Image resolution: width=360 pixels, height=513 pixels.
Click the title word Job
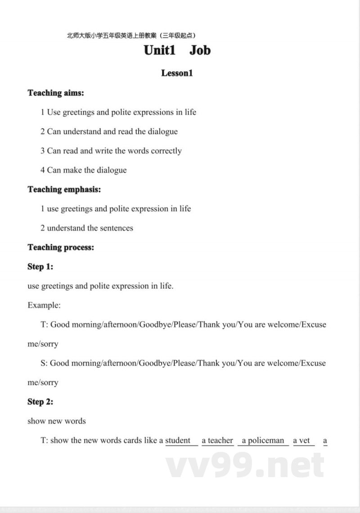coord(200,50)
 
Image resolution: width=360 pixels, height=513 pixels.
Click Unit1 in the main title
coord(159,50)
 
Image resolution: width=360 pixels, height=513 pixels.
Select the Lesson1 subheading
coord(177,73)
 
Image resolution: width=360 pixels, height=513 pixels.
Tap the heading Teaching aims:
coord(56,93)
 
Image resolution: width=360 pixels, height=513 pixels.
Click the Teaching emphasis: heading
coord(64,189)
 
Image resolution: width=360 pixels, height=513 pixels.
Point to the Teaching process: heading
coord(61,247)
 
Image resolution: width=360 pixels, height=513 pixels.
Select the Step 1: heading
coord(40,267)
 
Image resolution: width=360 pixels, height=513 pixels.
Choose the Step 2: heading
coord(40,402)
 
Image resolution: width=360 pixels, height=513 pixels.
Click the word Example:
coord(44,305)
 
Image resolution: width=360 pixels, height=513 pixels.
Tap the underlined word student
coord(178,441)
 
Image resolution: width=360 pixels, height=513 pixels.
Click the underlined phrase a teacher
coord(217,441)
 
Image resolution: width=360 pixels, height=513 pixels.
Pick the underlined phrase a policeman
coord(263,441)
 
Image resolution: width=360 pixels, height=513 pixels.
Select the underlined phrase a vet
coord(302,441)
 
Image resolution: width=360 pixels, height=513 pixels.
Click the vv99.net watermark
coord(245,465)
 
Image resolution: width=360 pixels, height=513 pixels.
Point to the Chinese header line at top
coord(131,35)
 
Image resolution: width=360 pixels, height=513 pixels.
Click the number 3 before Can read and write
coord(43,151)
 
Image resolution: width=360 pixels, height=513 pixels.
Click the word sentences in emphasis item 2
coord(116,228)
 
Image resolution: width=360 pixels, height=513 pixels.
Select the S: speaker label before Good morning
coord(44,363)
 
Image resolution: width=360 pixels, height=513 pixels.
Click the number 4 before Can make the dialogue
coord(43,170)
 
